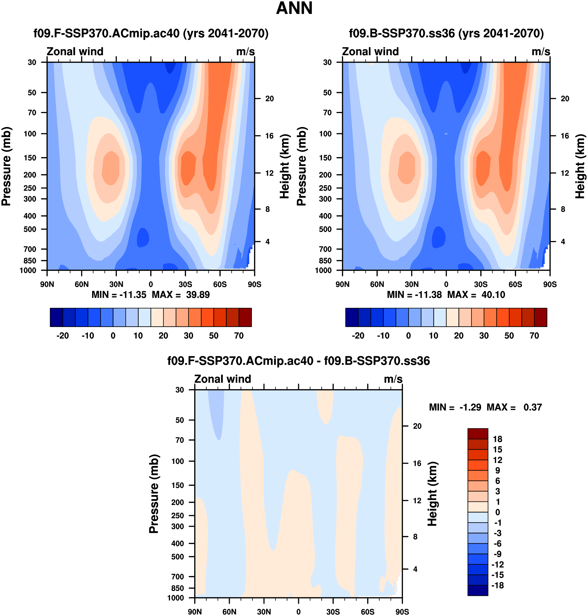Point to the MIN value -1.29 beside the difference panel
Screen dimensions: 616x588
(x=470, y=407)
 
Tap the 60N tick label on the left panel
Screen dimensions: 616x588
(x=81, y=285)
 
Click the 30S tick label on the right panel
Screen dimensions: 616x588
(x=481, y=285)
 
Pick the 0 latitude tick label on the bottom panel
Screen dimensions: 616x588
(x=298, y=612)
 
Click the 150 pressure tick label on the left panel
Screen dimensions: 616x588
(x=30, y=158)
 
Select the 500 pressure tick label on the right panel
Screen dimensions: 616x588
(x=325, y=229)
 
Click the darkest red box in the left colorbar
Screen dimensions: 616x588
(x=245, y=317)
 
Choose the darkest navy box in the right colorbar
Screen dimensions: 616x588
(x=352, y=317)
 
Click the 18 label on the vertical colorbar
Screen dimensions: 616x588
(x=497, y=439)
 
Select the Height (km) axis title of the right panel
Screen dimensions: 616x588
(x=580, y=166)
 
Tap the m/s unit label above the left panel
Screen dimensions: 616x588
(x=245, y=52)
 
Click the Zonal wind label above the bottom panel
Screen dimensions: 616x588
(x=222, y=379)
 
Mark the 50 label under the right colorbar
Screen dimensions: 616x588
(x=509, y=336)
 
